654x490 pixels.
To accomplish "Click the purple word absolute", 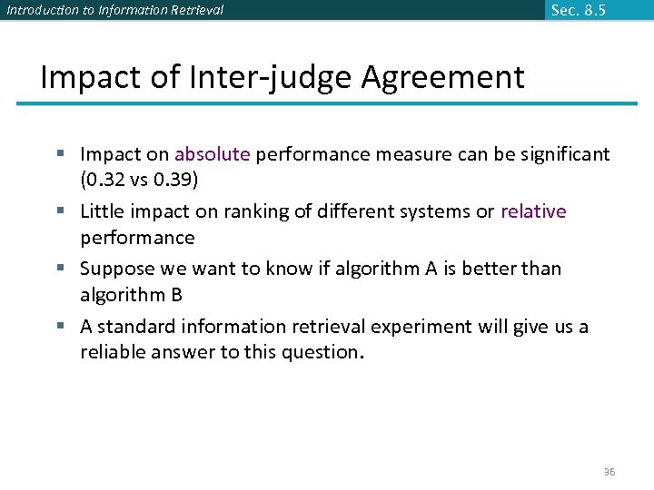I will click(x=212, y=154).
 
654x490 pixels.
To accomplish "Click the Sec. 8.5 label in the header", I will click(x=578, y=11).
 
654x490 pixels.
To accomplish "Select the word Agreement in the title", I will click(x=442, y=77).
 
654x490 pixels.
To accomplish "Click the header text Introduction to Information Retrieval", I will click(x=114, y=11).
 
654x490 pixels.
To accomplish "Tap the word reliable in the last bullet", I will click(x=111, y=352).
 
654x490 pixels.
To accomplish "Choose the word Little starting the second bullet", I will click(x=102, y=211).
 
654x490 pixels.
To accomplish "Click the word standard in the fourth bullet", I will click(x=136, y=327).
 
